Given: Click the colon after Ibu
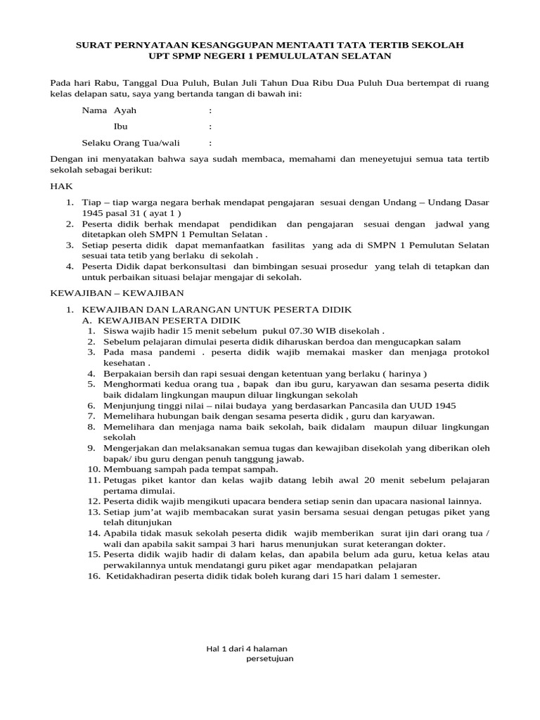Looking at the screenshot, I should pos(210,127).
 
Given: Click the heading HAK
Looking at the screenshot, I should pos(60,187).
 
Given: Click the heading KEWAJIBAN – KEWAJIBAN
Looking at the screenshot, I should pos(117,292).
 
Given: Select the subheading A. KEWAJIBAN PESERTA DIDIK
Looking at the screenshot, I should pos(161,319).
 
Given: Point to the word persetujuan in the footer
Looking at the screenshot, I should pos(270,659).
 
